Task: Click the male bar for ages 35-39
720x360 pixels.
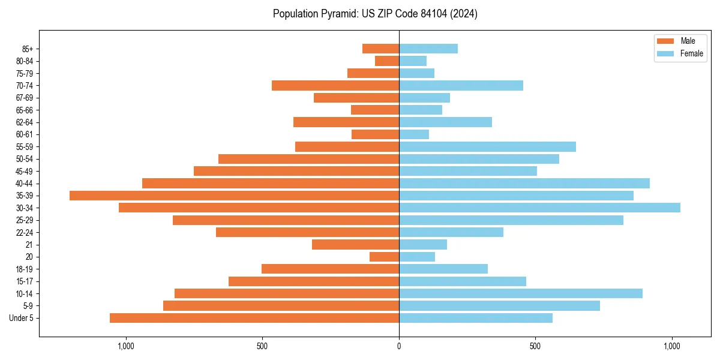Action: pyautogui.click(x=234, y=196)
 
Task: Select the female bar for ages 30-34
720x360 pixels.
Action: pyautogui.click(x=539, y=208)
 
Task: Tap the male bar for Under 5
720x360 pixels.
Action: pyautogui.click(x=254, y=318)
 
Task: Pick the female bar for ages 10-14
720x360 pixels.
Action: pyautogui.click(x=521, y=293)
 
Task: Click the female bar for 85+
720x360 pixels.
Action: pyautogui.click(x=428, y=49)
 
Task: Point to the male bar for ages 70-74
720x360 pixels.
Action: pyautogui.click(x=335, y=85)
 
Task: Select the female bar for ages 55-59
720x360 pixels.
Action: pyautogui.click(x=487, y=146)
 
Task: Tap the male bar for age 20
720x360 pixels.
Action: pyautogui.click(x=384, y=257)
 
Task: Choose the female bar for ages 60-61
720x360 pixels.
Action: pyautogui.click(x=414, y=134)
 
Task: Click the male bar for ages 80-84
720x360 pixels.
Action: pyautogui.click(x=387, y=61)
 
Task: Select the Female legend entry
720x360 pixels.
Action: pyautogui.click(x=680, y=53)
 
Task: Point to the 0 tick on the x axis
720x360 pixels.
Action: pyautogui.click(x=399, y=346)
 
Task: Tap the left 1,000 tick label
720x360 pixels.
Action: pyautogui.click(x=125, y=346)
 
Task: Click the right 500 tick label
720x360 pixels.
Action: pyautogui.click(x=535, y=346)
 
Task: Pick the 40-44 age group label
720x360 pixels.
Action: pyautogui.click(x=24, y=184)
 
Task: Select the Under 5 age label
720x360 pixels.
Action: pyautogui.click(x=22, y=318)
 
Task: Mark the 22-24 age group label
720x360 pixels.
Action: pyautogui.click(x=24, y=232)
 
